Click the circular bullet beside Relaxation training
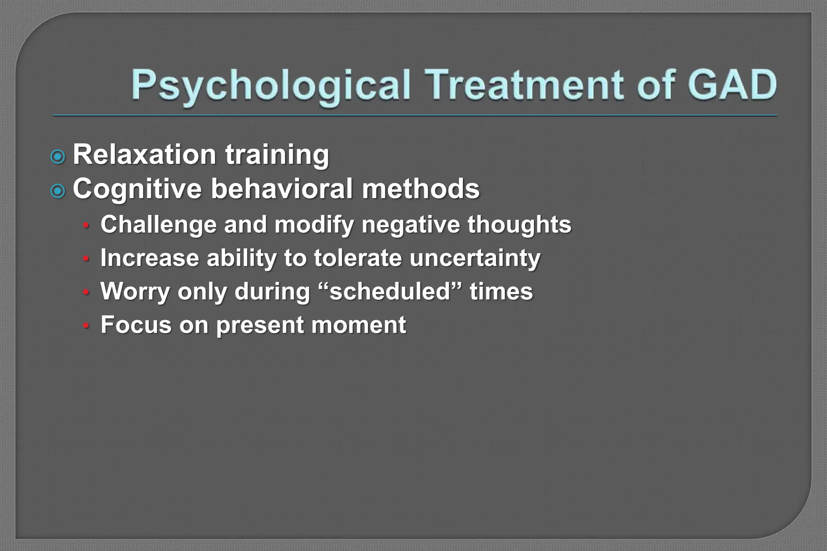click(x=58, y=157)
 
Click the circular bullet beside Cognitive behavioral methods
click(x=58, y=191)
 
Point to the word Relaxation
click(x=144, y=155)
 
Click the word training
click(x=277, y=155)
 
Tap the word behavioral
click(x=281, y=189)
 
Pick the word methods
click(x=420, y=189)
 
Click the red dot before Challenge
click(x=86, y=226)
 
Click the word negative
click(x=410, y=224)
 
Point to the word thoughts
click(x=519, y=224)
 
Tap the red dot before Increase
click(x=86, y=259)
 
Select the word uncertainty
click(x=474, y=258)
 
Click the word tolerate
click(x=357, y=258)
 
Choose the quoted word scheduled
click(x=390, y=291)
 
